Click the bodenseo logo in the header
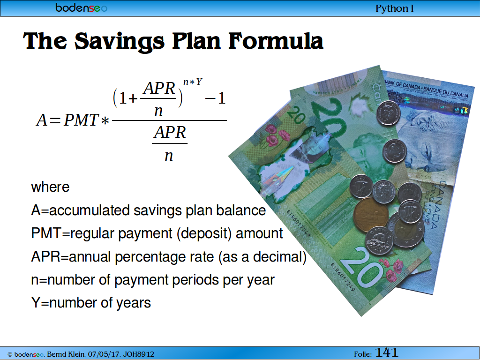[x=82, y=7]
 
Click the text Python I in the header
[x=395, y=8]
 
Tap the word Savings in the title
[x=120, y=41]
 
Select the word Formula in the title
[x=276, y=41]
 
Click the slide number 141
[x=386, y=352]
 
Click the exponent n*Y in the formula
[x=193, y=82]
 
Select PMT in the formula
[x=81, y=120]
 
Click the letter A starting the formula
[x=42, y=120]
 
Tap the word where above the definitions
[x=50, y=187]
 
